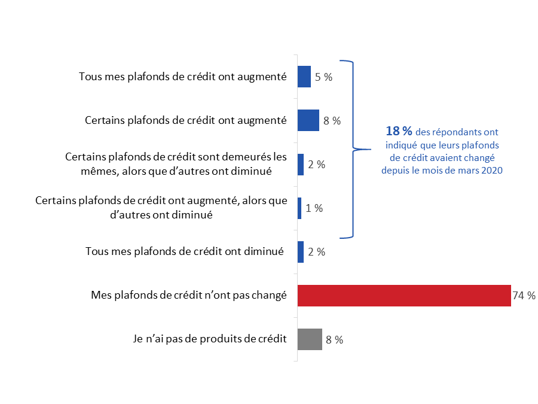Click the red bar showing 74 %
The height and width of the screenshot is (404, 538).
(404, 296)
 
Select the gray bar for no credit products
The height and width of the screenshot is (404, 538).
(310, 339)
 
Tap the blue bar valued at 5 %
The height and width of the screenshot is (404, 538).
(304, 77)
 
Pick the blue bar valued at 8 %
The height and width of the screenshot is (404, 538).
(308, 120)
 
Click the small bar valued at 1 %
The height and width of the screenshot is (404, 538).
(299, 208)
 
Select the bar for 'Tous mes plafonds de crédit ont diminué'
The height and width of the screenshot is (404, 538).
(301, 252)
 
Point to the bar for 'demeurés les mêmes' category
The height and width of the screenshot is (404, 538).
(301, 165)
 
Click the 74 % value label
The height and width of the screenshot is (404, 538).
(524, 296)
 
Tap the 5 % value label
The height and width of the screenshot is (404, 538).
(324, 77)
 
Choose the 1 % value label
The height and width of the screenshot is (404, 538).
(314, 208)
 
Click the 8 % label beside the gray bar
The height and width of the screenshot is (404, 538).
(334, 340)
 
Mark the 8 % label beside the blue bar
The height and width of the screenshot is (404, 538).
(332, 121)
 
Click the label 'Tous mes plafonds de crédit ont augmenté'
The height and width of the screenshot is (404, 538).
(183, 77)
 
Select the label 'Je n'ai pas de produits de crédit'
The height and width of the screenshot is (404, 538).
(209, 339)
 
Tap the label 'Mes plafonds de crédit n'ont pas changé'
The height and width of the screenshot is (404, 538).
(188, 295)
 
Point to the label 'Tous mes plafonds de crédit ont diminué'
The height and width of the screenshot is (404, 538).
(184, 251)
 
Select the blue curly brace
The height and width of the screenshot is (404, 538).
(353, 149)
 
